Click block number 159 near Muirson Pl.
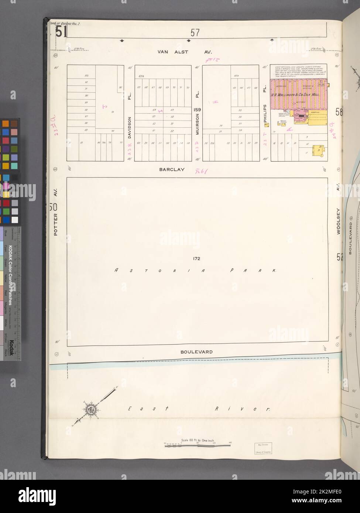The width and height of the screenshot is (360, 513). click(198, 110)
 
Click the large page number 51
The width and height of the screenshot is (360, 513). click(61, 32)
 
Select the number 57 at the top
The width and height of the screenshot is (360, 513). click(195, 33)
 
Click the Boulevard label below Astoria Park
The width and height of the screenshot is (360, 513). click(196, 352)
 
